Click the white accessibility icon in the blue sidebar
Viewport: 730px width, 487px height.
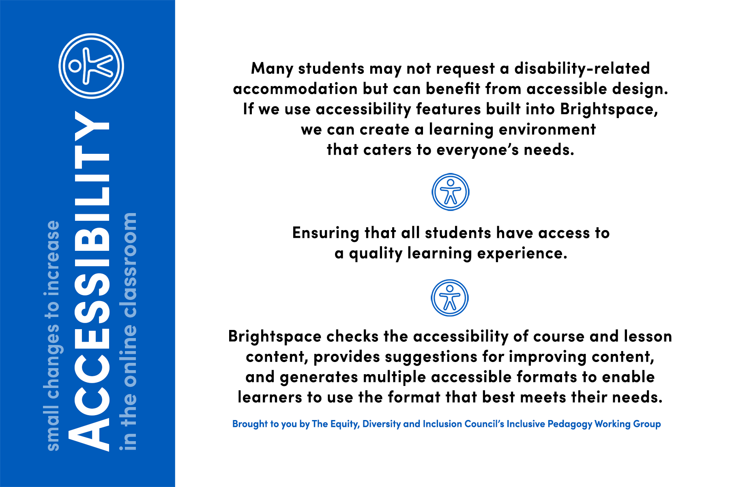pyautogui.click(x=91, y=66)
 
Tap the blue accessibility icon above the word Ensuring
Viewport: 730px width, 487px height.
pyautogui.click(x=450, y=192)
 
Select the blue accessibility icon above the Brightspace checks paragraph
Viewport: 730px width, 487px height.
pyautogui.click(x=449, y=298)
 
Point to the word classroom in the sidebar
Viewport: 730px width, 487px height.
pyautogui.click(x=130, y=265)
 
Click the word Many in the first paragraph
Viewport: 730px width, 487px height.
pyautogui.click(x=272, y=69)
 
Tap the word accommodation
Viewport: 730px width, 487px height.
pyautogui.click(x=295, y=89)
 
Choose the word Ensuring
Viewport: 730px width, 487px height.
pyautogui.click(x=326, y=233)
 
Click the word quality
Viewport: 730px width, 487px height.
pyautogui.click(x=376, y=254)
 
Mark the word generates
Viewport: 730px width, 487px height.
pyautogui.click(x=319, y=377)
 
